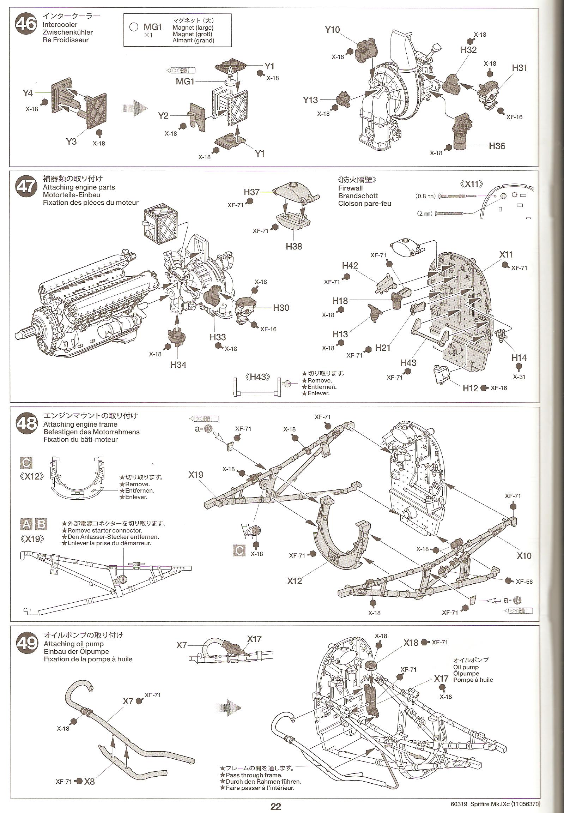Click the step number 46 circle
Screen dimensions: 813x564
point(26,24)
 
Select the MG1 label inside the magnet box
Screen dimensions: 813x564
point(153,27)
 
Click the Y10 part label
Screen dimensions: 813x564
point(332,30)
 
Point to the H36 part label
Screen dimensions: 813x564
point(497,146)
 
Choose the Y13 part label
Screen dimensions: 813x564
point(310,100)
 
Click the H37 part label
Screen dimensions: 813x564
point(251,192)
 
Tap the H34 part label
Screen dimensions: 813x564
point(178,365)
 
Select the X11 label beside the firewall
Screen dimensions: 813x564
point(506,254)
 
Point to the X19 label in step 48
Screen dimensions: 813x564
point(196,475)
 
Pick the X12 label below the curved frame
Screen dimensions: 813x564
point(295,581)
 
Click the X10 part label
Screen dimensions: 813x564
point(524,556)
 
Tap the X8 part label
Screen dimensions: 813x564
point(89,781)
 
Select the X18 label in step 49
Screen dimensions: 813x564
point(411,643)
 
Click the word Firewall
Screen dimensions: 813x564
point(350,188)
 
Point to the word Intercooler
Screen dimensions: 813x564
point(60,24)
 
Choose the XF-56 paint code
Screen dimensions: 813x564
point(524,582)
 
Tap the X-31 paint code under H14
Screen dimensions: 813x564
point(519,377)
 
